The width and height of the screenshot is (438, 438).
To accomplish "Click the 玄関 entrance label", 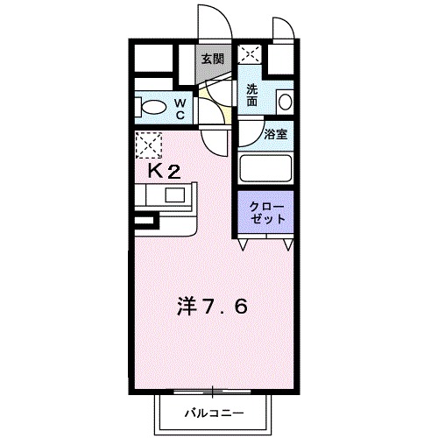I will point(211,60).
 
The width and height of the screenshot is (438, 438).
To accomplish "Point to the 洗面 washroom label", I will point(251,95).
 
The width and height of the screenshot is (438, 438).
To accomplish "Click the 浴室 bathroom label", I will point(276,136).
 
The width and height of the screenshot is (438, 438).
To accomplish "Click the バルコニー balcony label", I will point(213,412).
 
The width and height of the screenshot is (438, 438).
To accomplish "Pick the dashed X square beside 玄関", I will point(251,54).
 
